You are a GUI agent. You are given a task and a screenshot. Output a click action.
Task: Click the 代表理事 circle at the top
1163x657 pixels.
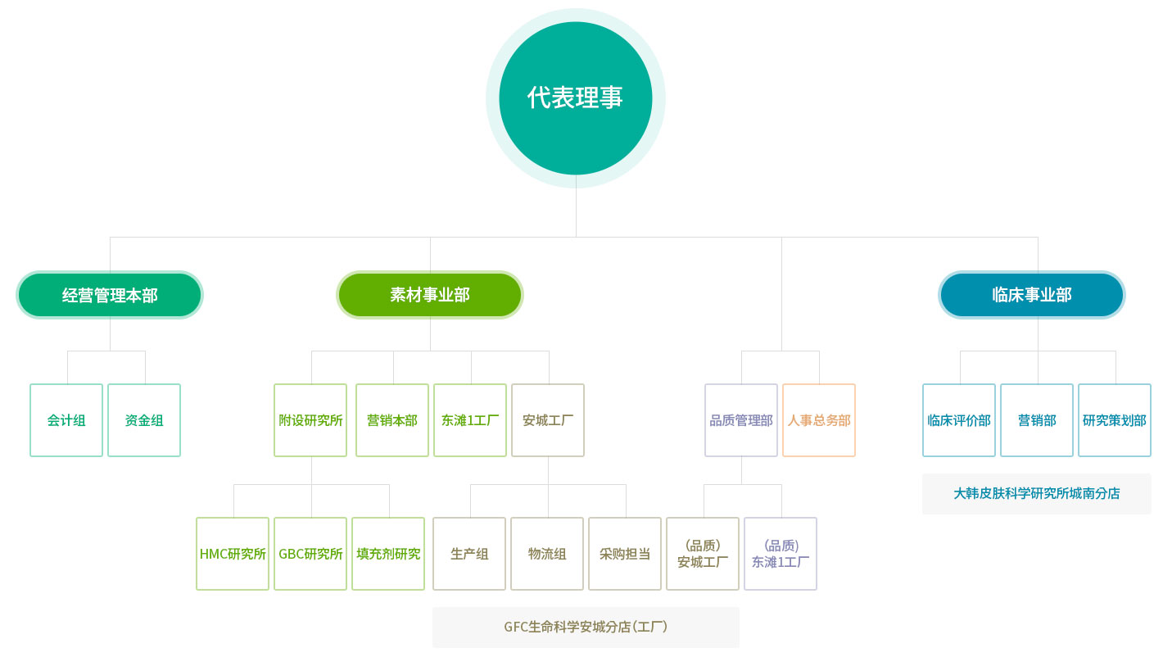tap(575, 98)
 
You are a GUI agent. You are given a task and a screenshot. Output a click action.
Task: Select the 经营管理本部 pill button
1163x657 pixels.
tap(110, 294)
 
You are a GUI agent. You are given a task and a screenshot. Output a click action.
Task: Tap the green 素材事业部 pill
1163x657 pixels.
tap(430, 294)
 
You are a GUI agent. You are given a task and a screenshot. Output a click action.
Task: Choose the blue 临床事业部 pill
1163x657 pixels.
tap(1032, 294)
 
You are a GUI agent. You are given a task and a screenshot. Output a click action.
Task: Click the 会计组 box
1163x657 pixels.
tap(66, 420)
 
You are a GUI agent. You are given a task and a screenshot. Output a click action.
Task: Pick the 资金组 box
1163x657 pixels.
tap(144, 420)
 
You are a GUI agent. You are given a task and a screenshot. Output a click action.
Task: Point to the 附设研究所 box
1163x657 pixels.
tap(310, 420)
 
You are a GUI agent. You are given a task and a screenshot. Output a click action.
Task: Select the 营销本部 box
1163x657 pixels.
tap(392, 420)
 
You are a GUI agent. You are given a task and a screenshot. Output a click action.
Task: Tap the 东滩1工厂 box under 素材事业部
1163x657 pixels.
tap(470, 420)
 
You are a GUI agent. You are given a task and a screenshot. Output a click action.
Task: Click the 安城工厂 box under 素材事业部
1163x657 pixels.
tap(548, 420)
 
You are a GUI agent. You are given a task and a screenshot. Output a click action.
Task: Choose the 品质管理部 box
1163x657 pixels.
tap(741, 420)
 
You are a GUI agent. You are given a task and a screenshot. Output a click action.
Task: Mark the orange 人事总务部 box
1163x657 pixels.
tap(819, 420)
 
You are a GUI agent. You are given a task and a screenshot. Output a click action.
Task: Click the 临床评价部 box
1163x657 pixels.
tap(959, 420)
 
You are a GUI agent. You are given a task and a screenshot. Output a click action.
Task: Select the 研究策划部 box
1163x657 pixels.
tap(1115, 420)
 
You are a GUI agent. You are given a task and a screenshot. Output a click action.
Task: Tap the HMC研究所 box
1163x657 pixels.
tap(233, 554)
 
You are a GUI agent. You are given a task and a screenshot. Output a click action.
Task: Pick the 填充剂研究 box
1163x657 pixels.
tap(388, 554)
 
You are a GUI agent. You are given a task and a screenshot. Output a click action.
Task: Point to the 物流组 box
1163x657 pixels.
tap(547, 554)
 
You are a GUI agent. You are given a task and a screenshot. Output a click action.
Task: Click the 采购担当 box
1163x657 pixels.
tap(625, 554)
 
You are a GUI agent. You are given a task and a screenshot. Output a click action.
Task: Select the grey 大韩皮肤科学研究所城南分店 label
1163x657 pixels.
tap(1036, 493)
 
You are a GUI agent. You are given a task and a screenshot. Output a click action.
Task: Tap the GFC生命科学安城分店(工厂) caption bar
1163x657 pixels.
tap(586, 627)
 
